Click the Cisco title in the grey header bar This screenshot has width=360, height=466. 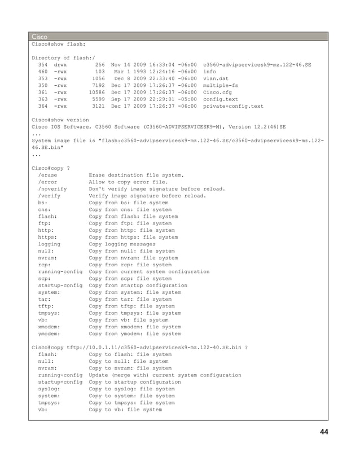point(40,36)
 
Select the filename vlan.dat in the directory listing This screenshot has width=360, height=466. point(217,79)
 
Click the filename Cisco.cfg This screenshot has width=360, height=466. point(219,93)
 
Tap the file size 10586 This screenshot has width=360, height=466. point(97,93)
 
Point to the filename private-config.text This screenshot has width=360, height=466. point(233,106)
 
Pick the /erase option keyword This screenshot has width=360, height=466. point(47,175)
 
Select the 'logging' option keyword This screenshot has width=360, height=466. point(49,244)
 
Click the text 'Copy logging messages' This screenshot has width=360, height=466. point(122,244)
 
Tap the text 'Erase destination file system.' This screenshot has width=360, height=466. point(136,175)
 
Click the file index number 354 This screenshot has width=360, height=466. point(43,65)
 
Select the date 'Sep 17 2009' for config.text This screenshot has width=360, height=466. point(125,99)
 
